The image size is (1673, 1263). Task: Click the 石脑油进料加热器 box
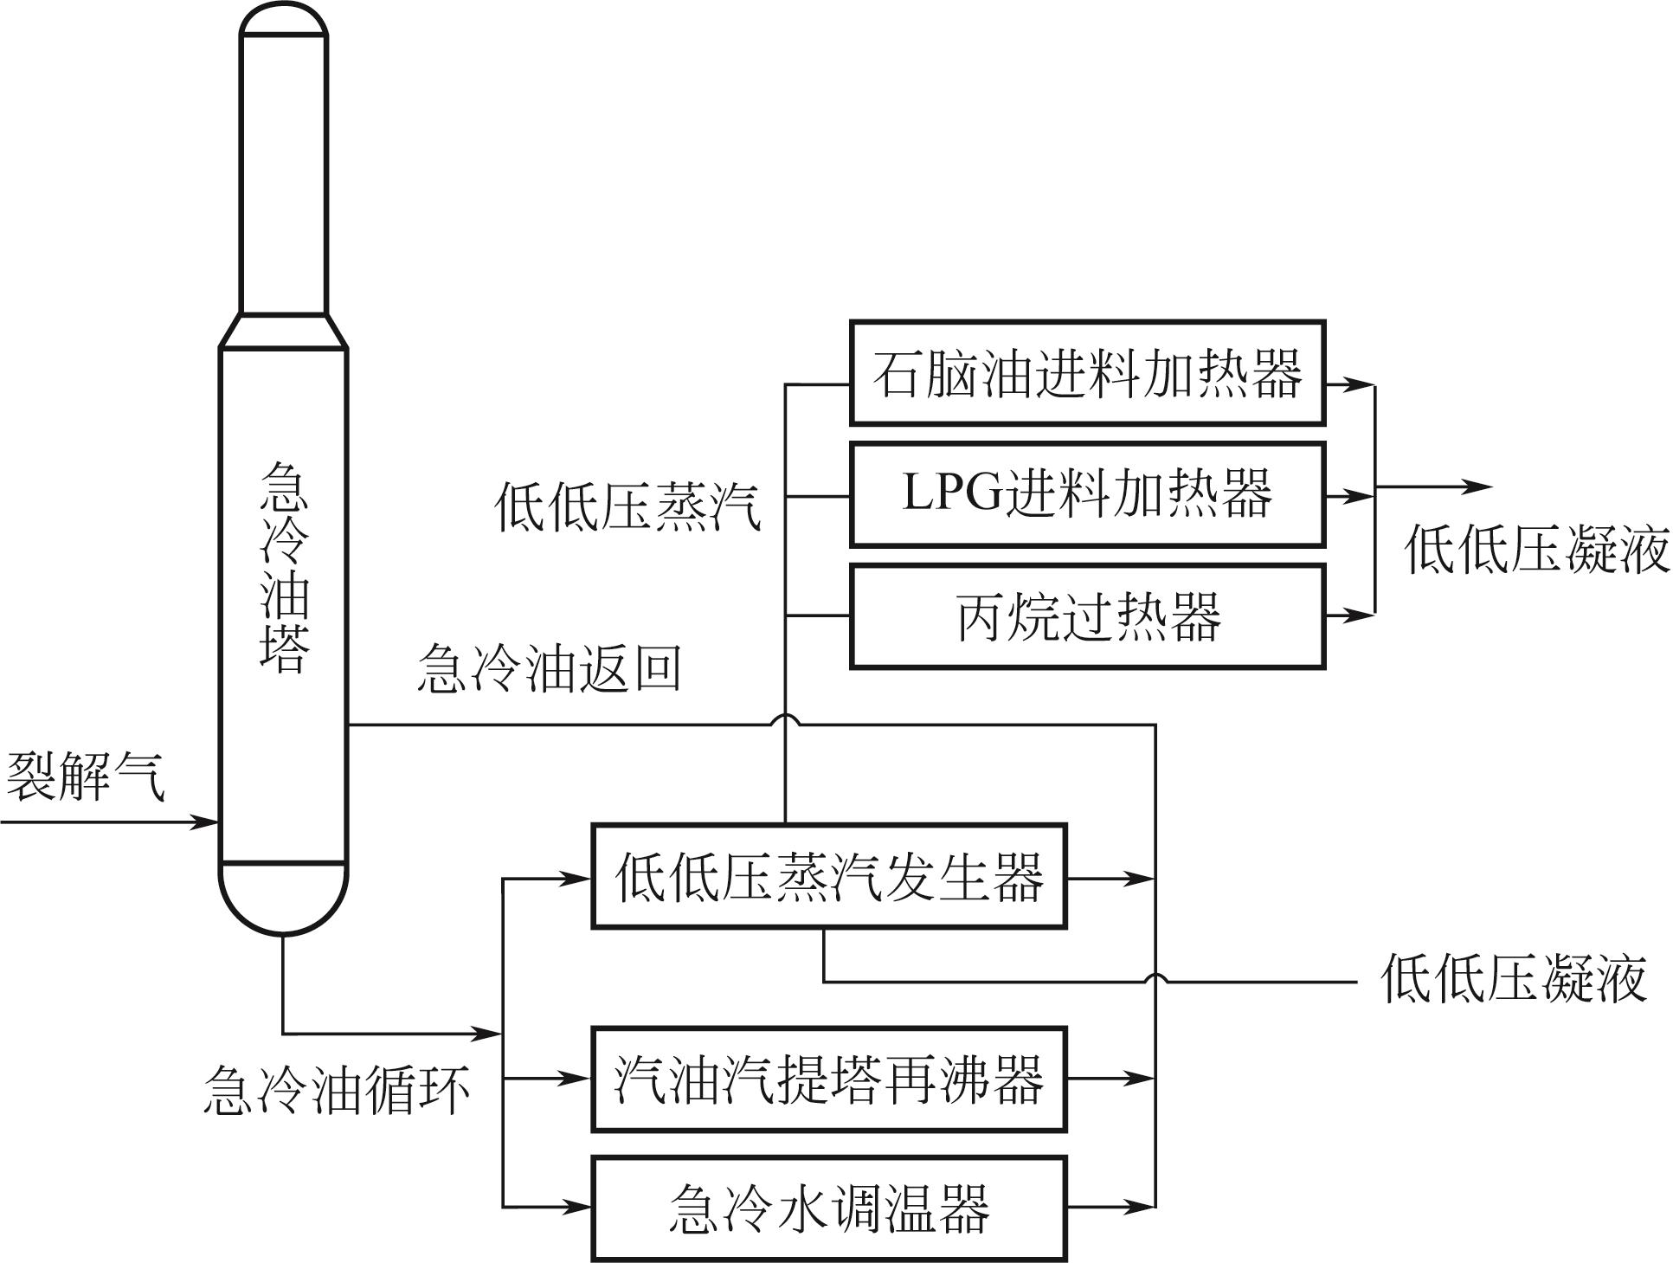point(1087,373)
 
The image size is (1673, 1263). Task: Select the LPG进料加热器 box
point(1087,494)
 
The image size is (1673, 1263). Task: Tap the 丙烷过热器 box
point(1087,616)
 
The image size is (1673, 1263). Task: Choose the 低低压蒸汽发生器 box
point(828,876)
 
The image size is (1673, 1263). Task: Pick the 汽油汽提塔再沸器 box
point(828,1079)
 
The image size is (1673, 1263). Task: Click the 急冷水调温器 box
point(828,1208)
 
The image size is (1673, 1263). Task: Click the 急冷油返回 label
point(549,667)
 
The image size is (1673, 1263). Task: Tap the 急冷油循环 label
point(336,1089)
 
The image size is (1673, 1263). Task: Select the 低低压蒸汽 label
point(627,506)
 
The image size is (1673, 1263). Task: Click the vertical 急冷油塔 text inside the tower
point(284,567)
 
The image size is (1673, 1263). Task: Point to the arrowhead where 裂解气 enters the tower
point(206,822)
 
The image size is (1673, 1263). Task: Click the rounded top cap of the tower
point(284,21)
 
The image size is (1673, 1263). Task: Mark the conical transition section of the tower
point(284,331)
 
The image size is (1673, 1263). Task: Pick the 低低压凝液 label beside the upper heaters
point(1536,550)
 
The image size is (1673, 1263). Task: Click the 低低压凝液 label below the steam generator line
point(1513,979)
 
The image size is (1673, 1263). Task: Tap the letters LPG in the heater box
point(950,494)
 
